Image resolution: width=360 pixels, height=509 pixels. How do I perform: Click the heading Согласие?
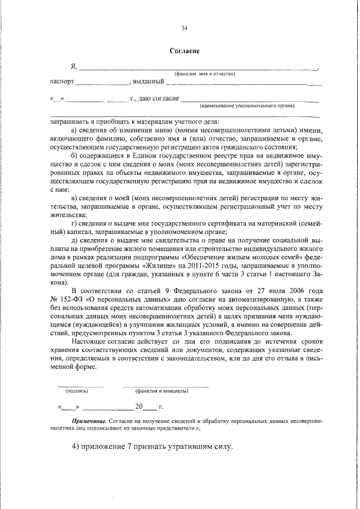[x=184, y=51]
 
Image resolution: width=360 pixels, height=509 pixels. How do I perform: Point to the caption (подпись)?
[x=75, y=391]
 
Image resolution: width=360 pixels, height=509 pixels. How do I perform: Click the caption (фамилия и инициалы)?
[x=161, y=391]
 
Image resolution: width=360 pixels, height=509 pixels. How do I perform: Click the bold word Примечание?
[x=89, y=421]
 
